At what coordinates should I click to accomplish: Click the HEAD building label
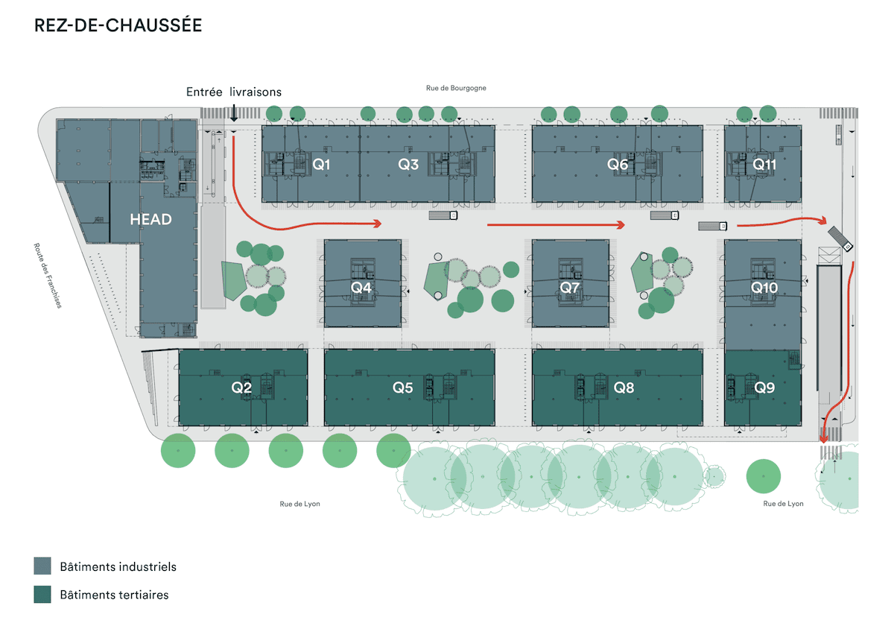click(x=150, y=220)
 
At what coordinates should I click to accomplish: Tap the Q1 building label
click(x=321, y=165)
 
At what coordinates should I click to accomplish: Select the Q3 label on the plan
click(x=408, y=165)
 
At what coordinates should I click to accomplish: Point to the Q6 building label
click(x=618, y=165)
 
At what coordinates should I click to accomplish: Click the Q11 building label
click(x=764, y=164)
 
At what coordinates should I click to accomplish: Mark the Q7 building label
click(x=570, y=286)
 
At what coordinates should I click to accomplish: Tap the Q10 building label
click(x=764, y=287)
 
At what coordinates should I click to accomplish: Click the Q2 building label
click(x=241, y=388)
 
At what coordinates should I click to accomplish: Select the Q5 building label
click(x=403, y=388)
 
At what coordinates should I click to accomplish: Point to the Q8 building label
click(x=624, y=388)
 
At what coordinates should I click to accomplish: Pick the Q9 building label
click(x=764, y=388)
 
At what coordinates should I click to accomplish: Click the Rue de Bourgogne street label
click(x=456, y=88)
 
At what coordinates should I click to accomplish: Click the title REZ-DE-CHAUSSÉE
click(x=118, y=25)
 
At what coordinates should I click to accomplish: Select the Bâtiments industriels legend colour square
click(x=42, y=566)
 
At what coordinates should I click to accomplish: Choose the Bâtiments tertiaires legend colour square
click(x=42, y=595)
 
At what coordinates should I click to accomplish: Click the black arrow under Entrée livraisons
click(x=234, y=114)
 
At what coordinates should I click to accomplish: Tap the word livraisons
click(x=256, y=92)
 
